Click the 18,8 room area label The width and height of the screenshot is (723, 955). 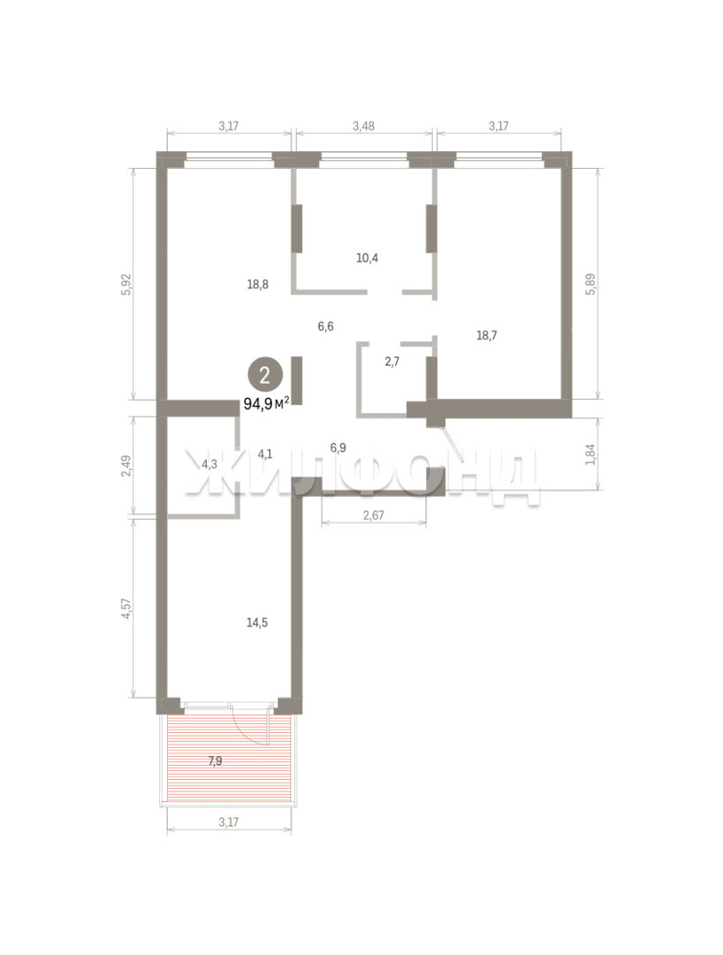pos(258,284)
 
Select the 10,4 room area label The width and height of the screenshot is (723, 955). pos(367,257)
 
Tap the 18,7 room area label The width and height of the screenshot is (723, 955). pos(486,335)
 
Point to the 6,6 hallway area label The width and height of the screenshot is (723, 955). pos(325,326)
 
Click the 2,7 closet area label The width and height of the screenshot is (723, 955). pos(392,361)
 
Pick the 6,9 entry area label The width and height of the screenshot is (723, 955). pos(339,447)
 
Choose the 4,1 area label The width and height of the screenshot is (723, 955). pos(265,453)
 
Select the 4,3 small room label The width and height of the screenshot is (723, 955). pos(209,464)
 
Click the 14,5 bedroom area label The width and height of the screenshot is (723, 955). pos(257,623)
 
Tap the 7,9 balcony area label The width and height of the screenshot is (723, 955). pos(215,760)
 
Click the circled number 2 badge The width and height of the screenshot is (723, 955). pos(265,375)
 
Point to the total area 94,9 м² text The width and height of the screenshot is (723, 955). pos(266,403)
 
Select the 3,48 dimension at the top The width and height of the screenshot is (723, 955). pos(363,126)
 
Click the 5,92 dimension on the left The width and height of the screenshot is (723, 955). pos(126,284)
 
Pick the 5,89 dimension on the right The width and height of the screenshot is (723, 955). pos(590,284)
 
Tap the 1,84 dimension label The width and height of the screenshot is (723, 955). pos(590,454)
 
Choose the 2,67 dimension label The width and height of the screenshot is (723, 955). pos(373,516)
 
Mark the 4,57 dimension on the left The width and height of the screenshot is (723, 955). pos(126,608)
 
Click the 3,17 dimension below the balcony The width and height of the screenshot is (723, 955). pos(228,821)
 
